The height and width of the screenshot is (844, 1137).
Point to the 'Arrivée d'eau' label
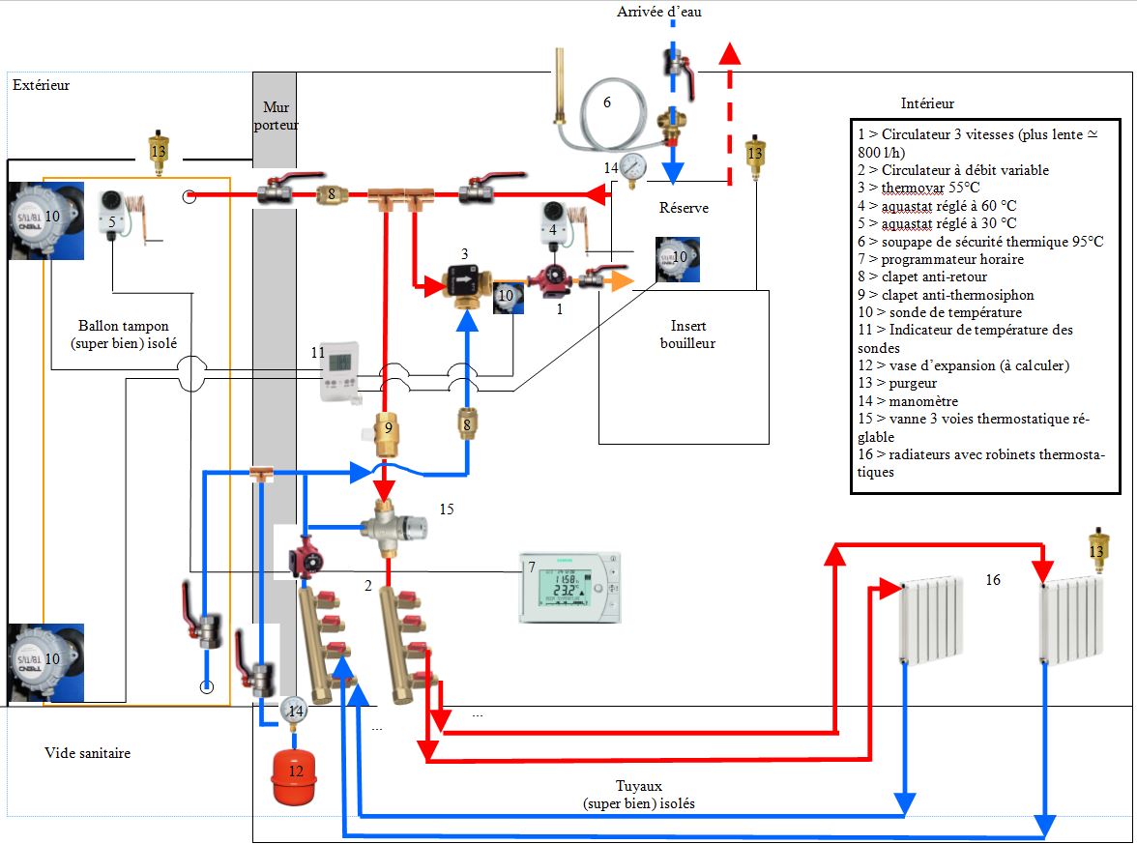click(x=659, y=12)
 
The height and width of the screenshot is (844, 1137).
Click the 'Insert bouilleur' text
click(x=687, y=335)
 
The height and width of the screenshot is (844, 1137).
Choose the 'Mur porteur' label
click(x=275, y=117)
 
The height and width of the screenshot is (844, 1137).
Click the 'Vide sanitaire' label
click(x=87, y=752)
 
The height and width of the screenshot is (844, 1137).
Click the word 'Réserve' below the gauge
click(x=684, y=208)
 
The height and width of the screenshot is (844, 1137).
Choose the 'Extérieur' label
click(x=41, y=85)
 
